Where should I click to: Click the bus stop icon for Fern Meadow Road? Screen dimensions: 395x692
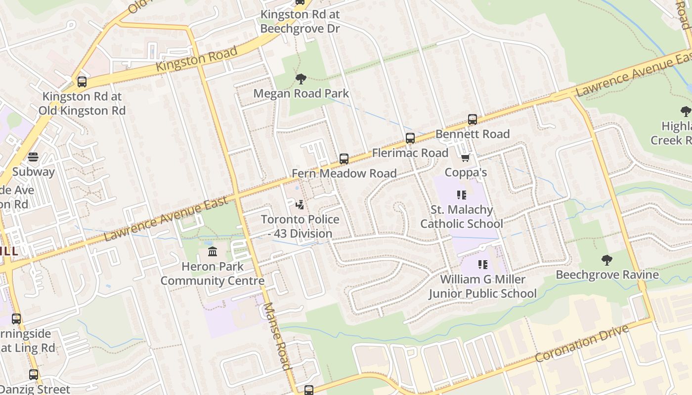[344, 159]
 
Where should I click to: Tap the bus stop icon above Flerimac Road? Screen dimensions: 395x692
[410, 138]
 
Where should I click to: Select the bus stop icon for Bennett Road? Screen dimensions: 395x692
[473, 119]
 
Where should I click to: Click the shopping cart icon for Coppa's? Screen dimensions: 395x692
[465, 158]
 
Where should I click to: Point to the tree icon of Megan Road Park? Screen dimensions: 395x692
[301, 79]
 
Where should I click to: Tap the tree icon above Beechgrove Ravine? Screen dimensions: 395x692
[606, 260]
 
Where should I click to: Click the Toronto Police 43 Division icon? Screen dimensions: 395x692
[299, 204]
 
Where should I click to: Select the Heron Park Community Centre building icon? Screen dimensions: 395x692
[213, 252]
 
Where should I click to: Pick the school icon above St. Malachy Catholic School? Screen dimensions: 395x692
[462, 195]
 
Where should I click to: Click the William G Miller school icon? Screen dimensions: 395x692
[483, 265]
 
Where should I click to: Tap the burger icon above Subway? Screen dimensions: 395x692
[33, 158]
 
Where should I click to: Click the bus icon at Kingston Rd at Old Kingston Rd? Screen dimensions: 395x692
[82, 82]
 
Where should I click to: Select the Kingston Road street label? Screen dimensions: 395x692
[197, 59]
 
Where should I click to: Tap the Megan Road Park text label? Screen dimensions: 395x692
[301, 93]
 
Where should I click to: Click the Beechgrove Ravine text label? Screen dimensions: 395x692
[606, 275]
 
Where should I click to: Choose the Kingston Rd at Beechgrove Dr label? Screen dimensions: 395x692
[300, 22]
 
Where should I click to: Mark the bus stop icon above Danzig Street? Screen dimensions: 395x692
[34, 375]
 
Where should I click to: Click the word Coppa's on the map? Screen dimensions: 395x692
[466, 172]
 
